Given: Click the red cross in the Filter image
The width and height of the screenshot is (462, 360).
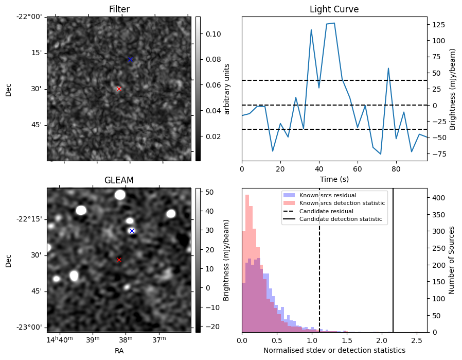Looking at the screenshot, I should pyautogui.click(x=119, y=89).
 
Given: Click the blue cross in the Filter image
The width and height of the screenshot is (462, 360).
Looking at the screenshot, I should pyautogui.click(x=130, y=60).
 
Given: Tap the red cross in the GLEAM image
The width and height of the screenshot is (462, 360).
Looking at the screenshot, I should pyautogui.click(x=119, y=260).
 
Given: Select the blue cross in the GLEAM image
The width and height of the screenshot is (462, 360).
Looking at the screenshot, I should pyautogui.click(x=132, y=231).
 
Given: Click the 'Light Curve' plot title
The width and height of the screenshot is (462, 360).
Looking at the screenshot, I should pyautogui.click(x=334, y=9).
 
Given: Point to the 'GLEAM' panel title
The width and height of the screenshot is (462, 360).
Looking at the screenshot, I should pyautogui.click(x=119, y=180).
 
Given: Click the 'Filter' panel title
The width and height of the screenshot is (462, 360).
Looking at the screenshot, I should pyautogui.click(x=119, y=9).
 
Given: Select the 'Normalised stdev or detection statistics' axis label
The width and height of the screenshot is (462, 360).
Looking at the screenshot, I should pyautogui.click(x=334, y=350).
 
